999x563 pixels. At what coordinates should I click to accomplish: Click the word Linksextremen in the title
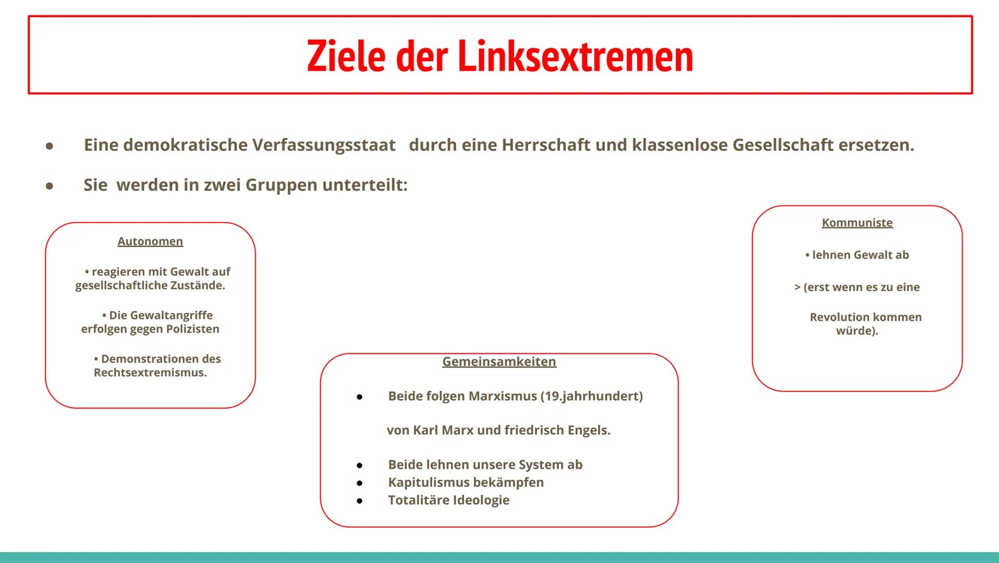pyautogui.click(x=575, y=56)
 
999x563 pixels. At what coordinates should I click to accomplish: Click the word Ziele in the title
pyautogui.click(x=346, y=56)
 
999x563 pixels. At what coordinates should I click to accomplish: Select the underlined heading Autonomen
pyautogui.click(x=150, y=241)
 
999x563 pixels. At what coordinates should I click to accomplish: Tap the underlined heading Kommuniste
pyautogui.click(x=857, y=223)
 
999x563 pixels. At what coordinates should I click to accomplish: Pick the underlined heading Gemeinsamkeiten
pyautogui.click(x=499, y=362)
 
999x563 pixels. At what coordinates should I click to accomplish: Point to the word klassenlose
pyautogui.click(x=680, y=145)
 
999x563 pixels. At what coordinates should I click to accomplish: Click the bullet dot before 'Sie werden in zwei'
pyautogui.click(x=50, y=186)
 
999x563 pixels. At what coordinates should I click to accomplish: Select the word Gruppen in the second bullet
pyautogui.click(x=281, y=185)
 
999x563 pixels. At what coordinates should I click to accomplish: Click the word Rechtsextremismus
pyautogui.click(x=150, y=373)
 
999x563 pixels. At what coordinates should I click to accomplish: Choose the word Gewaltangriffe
pyautogui.click(x=161, y=315)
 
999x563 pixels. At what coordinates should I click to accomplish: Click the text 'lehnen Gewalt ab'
pyautogui.click(x=860, y=255)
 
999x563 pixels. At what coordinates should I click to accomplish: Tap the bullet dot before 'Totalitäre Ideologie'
pyautogui.click(x=359, y=501)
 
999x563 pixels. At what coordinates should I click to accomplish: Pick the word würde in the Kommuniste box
pyautogui.click(x=854, y=331)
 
